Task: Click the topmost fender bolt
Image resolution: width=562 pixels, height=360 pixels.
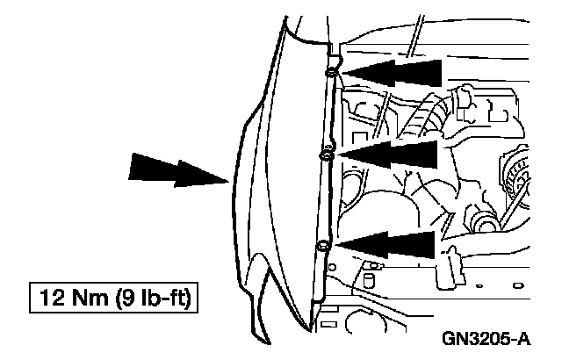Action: [330, 72]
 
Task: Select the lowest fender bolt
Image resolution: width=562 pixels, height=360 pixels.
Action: [323, 245]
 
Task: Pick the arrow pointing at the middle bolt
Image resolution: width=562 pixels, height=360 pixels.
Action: [391, 156]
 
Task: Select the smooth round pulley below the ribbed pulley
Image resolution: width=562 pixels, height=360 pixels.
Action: [486, 220]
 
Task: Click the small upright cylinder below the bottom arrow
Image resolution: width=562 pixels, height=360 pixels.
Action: [370, 281]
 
